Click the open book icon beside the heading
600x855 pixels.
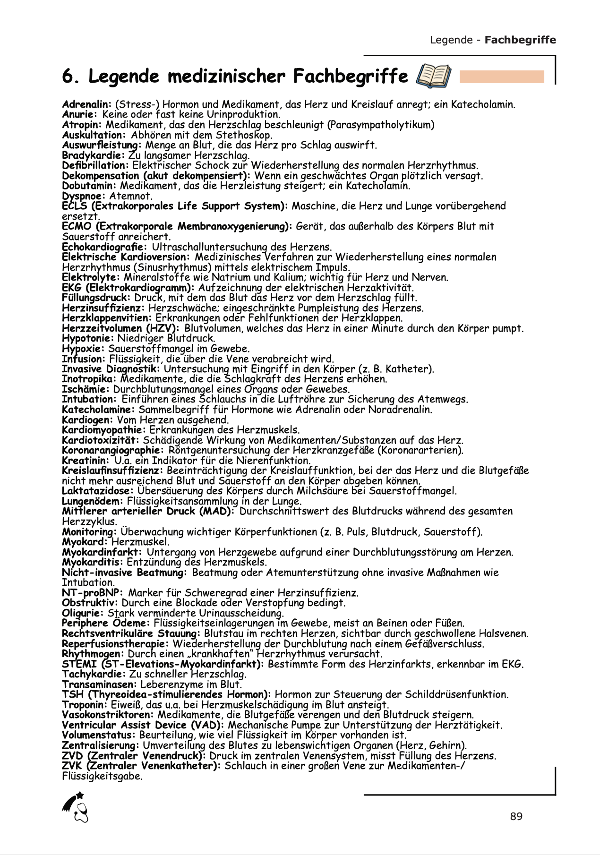[433, 76]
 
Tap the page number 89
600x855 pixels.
[516, 816]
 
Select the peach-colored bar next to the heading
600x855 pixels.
[502, 77]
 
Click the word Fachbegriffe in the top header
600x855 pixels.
[520, 40]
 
